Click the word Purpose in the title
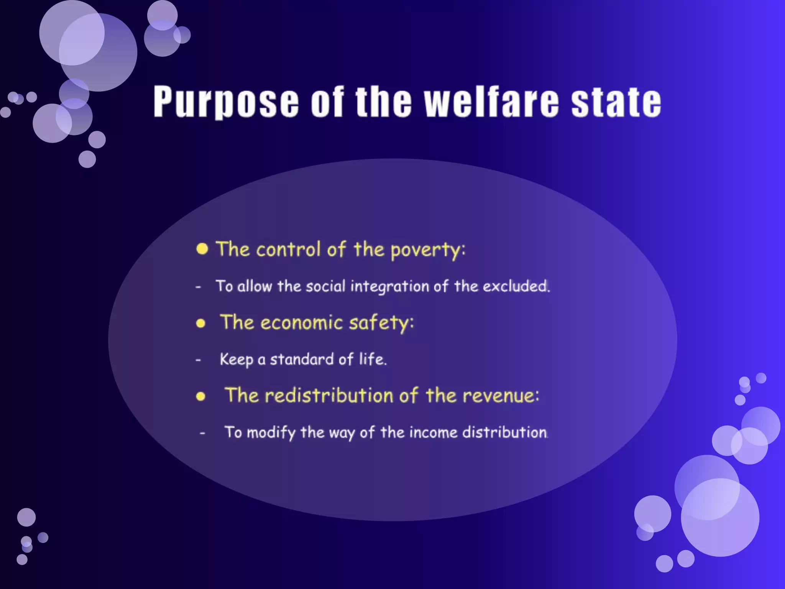click(x=226, y=102)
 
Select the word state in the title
click(x=616, y=102)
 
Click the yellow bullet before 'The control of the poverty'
click(x=202, y=249)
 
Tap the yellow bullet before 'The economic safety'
click(x=200, y=323)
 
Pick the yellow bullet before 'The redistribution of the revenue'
click(x=200, y=396)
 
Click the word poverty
click(x=427, y=250)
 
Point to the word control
click(x=288, y=249)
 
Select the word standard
click(x=302, y=359)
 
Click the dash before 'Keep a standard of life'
click(x=198, y=360)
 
